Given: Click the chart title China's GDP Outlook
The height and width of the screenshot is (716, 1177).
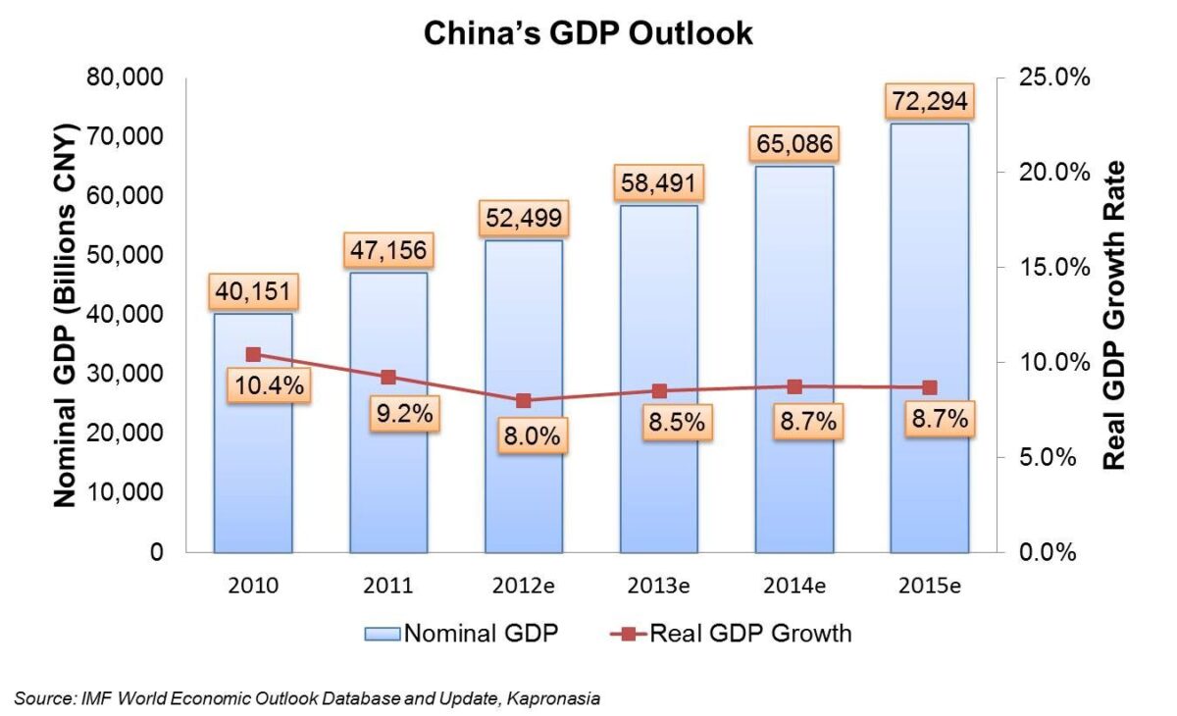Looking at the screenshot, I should [x=588, y=32].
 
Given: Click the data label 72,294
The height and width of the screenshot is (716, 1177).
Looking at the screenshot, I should [x=929, y=100].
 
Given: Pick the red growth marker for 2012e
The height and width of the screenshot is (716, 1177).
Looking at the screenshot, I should [x=524, y=400].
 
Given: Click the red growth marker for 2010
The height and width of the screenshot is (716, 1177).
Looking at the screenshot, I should [x=253, y=354].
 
